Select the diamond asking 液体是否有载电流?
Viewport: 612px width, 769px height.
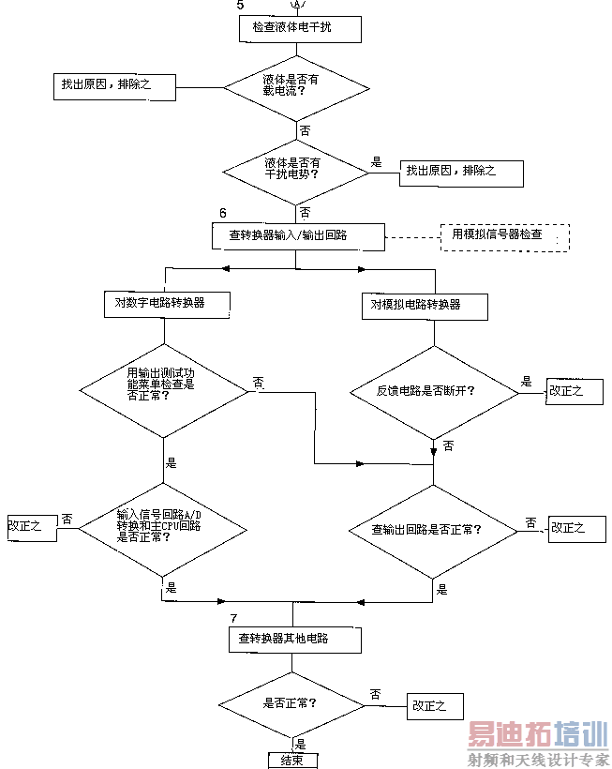point(297,87)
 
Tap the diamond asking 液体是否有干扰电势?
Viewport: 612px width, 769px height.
point(297,169)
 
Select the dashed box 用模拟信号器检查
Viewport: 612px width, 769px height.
point(504,235)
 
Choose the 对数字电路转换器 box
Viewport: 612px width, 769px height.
point(165,303)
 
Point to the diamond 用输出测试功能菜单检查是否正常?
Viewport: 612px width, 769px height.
point(163,384)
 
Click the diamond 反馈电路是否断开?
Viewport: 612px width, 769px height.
point(433,391)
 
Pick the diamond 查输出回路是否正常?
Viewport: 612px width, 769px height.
point(433,530)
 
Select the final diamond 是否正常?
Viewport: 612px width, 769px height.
point(292,703)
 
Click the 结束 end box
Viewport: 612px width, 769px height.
point(292,760)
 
